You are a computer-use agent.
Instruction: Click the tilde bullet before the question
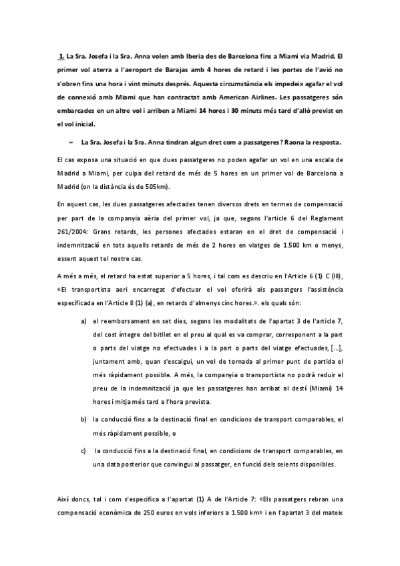coord(70,142)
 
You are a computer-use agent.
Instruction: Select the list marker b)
coord(83,418)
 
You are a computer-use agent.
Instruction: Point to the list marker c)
coord(83,451)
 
